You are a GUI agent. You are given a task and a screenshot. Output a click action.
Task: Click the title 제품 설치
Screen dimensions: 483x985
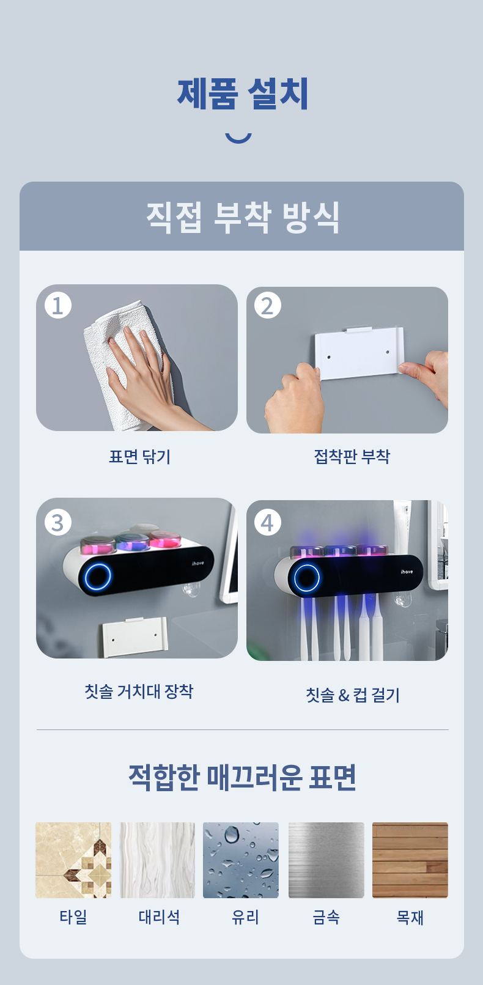point(242,94)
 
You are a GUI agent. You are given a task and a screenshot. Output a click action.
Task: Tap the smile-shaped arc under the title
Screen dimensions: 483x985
point(238,139)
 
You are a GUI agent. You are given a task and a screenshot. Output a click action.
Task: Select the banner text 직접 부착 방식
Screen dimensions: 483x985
point(242,217)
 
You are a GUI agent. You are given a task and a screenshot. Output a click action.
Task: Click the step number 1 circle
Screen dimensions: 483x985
point(58,305)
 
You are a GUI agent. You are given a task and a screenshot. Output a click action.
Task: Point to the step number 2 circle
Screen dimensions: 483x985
point(268,305)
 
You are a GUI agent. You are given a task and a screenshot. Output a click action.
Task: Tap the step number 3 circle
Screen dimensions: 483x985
point(58,522)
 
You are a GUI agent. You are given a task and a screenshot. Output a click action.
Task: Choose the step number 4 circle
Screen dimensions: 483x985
point(268,522)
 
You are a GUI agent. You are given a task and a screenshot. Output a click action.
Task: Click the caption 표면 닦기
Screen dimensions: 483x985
point(139,457)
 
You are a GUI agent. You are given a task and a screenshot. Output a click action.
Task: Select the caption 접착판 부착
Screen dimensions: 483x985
point(352,456)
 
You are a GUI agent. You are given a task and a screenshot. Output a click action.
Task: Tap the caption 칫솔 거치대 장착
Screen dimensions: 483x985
point(139,691)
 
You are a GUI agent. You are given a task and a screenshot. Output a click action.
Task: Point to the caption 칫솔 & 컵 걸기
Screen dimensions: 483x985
point(353,695)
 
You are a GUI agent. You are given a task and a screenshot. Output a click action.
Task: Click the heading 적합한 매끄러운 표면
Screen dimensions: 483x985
point(242,777)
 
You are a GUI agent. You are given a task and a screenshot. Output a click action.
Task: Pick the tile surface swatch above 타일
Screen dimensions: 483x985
point(73,860)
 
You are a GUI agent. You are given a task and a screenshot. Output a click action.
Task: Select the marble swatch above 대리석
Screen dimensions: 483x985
point(158,860)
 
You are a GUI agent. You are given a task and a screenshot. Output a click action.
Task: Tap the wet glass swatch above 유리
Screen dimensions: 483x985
point(241,860)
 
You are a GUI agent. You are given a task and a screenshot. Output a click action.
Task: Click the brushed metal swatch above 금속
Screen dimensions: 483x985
point(326,860)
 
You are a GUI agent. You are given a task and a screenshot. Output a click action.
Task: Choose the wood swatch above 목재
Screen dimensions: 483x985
point(410,860)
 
